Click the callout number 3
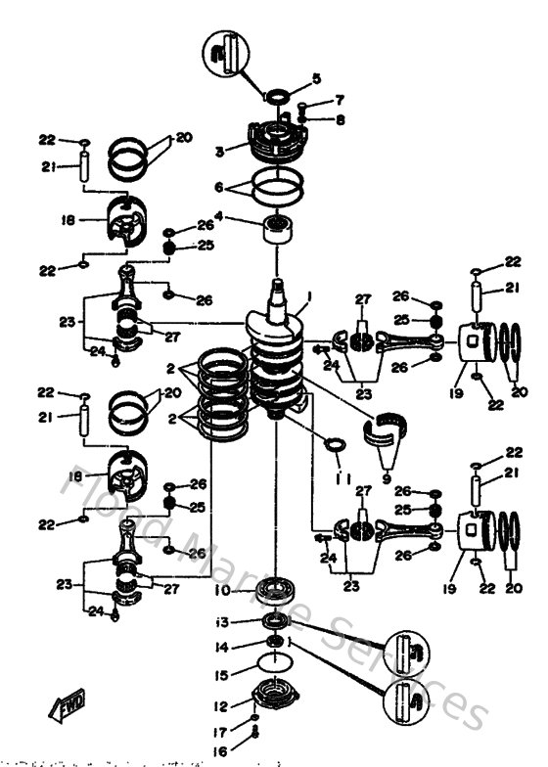pyautogui.click(x=220, y=151)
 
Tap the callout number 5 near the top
pyautogui.click(x=316, y=78)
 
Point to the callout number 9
pyautogui.click(x=386, y=480)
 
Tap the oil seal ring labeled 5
pyautogui.click(x=277, y=96)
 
